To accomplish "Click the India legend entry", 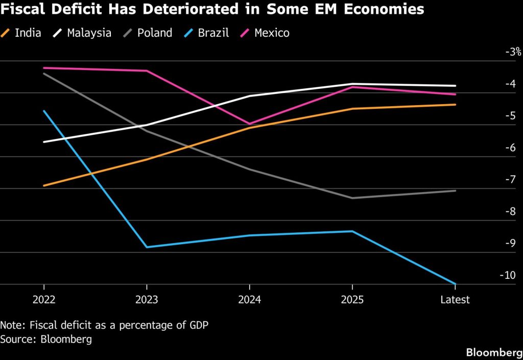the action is point(20,33).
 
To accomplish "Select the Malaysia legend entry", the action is point(82,33).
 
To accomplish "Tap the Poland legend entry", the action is point(148,33).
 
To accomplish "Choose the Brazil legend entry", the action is point(206,33).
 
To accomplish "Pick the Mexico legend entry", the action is point(265,33).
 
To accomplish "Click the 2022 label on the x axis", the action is point(44,300).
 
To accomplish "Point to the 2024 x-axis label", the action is point(249,300).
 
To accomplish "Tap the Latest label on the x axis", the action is point(455,300).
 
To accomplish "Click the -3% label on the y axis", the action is point(513,52).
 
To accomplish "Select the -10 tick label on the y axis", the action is point(508,275).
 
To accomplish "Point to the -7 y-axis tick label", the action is point(510,180).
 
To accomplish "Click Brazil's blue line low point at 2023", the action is point(147,247).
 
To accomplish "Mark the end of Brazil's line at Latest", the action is point(455,284).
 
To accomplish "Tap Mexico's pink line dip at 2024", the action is point(249,124).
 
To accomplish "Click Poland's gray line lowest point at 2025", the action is point(352,198).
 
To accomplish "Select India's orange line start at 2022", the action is point(44,186).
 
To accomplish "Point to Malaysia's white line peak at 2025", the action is point(352,84).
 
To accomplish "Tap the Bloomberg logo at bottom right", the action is point(494,352).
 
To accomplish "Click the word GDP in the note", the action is point(199,325).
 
